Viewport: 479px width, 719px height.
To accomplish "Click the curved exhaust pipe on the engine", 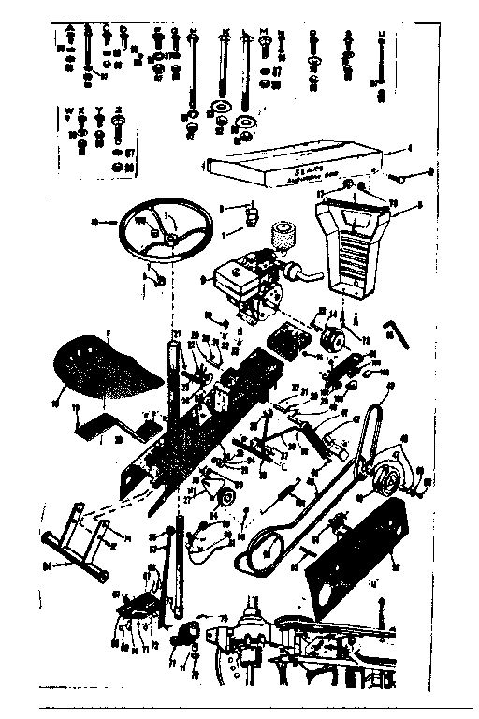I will (x=305, y=272).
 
